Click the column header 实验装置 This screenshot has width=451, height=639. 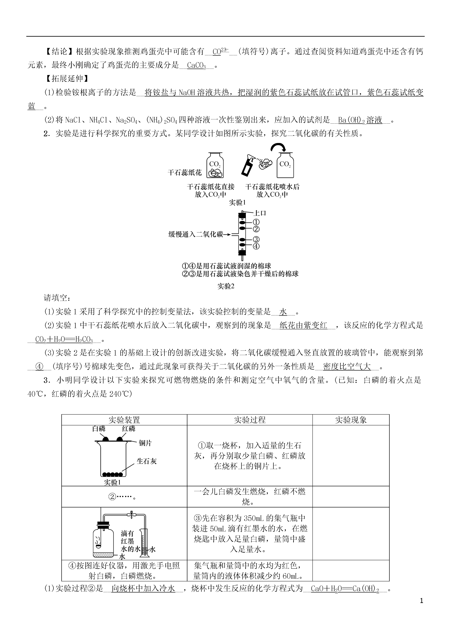click(124, 420)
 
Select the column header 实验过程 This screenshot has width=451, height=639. click(250, 420)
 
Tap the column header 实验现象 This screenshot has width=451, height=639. click(350, 420)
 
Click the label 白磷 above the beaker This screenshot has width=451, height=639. click(99, 429)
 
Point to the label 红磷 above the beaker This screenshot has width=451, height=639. click(129, 429)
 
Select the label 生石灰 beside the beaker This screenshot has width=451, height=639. click(147, 461)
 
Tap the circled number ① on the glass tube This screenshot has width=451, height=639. click(256, 222)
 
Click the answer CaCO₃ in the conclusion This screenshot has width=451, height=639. click(196, 65)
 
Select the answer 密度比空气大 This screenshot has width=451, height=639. click(347, 366)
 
